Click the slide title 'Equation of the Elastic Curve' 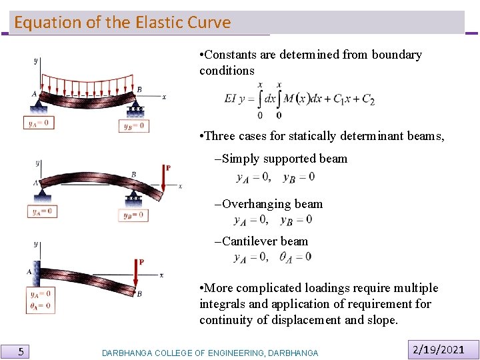tap(122, 23)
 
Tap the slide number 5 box tap(21, 351)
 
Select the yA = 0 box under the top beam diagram tap(40, 123)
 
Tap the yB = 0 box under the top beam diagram tap(134, 125)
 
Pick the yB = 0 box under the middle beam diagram tap(133, 215)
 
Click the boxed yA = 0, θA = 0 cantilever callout tap(40, 300)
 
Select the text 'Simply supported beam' tap(285, 159)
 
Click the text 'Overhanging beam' tap(272, 204)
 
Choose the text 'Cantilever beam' tap(265, 241)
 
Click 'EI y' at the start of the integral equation tap(236, 99)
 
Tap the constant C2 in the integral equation tap(367, 99)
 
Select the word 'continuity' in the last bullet tap(227, 320)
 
